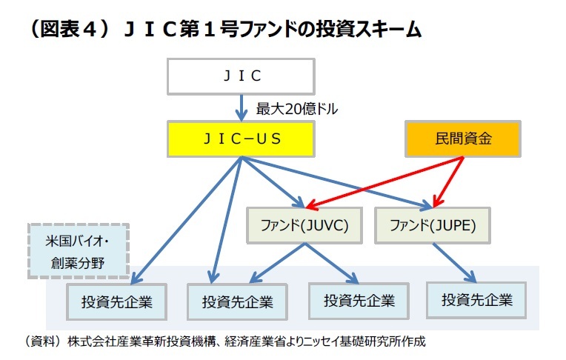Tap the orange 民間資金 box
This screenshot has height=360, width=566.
point(464,139)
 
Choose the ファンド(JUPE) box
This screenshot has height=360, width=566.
point(430,225)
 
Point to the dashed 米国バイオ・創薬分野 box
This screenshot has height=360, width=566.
point(78,250)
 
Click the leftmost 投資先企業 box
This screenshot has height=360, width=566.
point(114,301)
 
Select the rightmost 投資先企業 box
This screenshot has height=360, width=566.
point(476,300)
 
